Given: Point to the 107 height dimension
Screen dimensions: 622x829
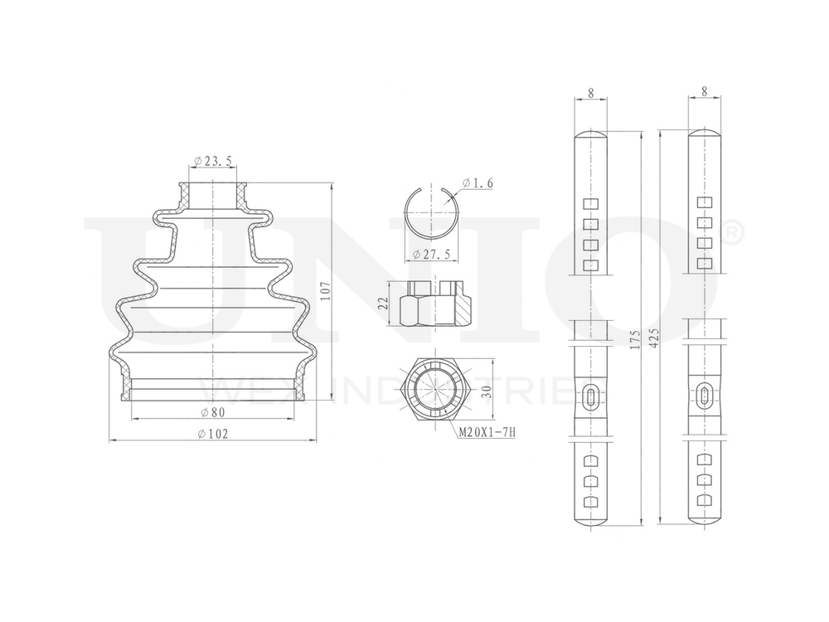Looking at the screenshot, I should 326,292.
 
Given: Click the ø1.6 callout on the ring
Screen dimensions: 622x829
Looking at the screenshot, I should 478,183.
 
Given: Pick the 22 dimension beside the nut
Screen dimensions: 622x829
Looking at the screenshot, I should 383,304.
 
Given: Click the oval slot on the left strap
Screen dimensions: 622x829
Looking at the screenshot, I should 589,396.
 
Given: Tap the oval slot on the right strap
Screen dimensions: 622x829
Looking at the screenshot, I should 704,396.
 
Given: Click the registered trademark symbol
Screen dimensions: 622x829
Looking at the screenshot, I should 733,234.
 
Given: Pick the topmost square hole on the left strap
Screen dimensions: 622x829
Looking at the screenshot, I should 590,204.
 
